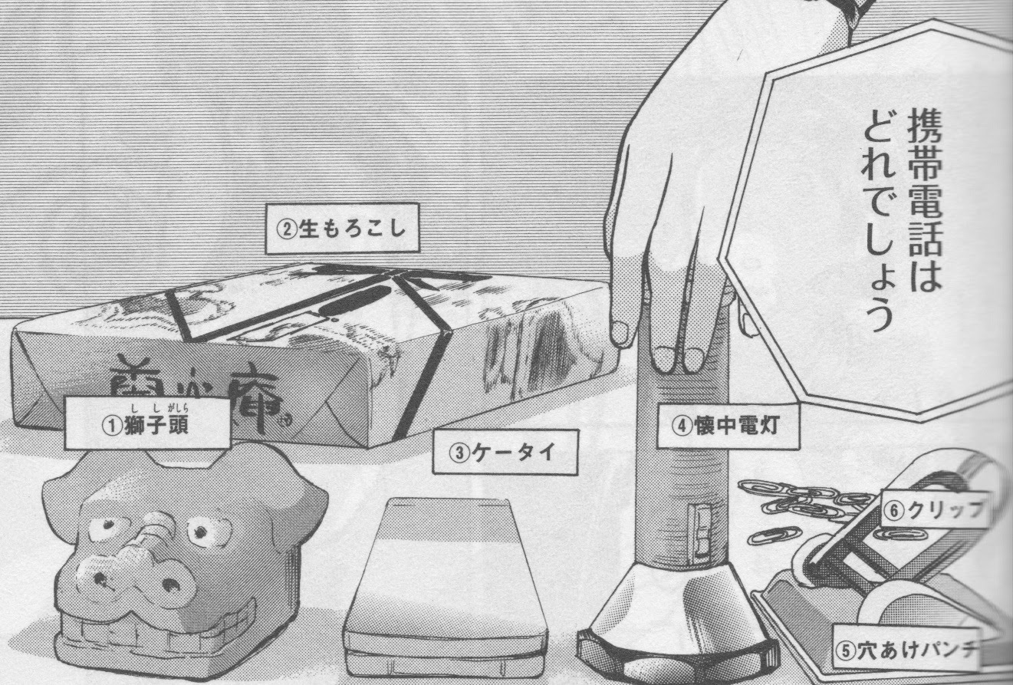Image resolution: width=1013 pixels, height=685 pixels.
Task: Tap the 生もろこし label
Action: coord(342,228)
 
